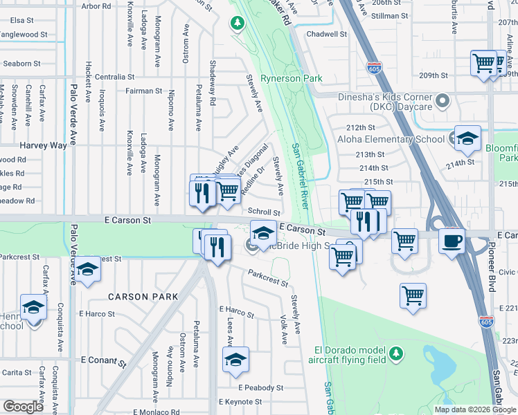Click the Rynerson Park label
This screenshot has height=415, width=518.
291,78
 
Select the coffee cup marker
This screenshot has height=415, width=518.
452,241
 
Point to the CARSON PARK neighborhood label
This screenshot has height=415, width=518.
143,297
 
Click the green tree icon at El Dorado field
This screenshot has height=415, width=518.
395,353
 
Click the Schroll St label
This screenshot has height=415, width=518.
264,212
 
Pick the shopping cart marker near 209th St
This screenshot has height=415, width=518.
484,63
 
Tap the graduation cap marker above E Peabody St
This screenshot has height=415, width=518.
235,360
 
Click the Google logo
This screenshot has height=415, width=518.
23,407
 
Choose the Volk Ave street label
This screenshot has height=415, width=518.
284,331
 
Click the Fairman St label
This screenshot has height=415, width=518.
143,91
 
